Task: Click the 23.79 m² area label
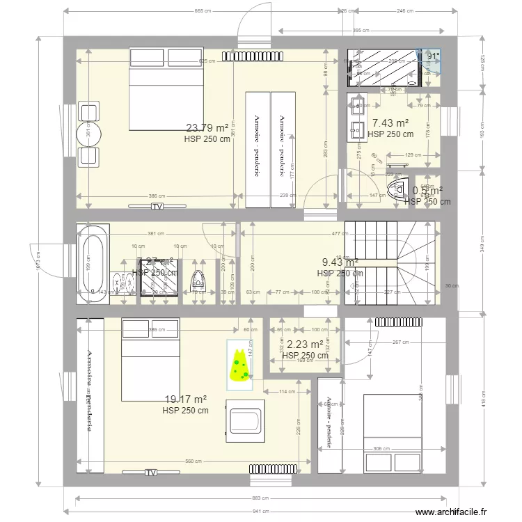tap(207, 127)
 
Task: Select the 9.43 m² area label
tap(340, 262)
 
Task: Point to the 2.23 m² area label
tap(305, 344)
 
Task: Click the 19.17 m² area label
tap(185, 400)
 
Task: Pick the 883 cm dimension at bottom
tap(262, 497)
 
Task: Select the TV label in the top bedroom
tap(157, 207)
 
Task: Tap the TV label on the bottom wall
tap(150, 473)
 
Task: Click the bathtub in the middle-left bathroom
tap(92, 264)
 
